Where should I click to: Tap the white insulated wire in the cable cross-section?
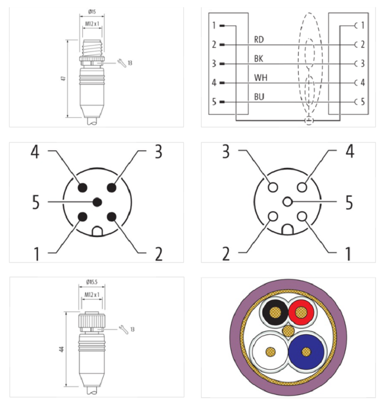tap(270, 350)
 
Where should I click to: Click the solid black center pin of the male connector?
tap(97, 202)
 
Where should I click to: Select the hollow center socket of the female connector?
tap(287, 202)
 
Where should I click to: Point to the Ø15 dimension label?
tap(92, 11)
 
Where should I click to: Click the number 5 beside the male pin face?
tap(37, 202)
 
